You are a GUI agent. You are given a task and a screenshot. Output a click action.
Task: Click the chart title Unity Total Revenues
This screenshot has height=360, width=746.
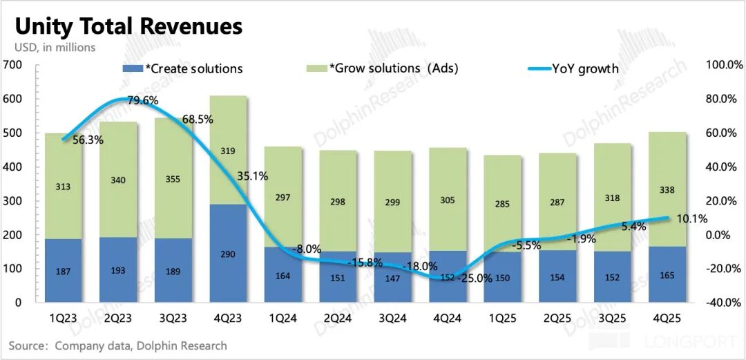coord(129,26)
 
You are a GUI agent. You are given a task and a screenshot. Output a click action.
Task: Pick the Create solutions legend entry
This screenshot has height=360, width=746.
coord(183,68)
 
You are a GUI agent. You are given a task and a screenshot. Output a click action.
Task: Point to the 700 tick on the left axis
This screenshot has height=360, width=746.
coord(13,65)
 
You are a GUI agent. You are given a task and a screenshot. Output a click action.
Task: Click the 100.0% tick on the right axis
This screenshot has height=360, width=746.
coord(724,65)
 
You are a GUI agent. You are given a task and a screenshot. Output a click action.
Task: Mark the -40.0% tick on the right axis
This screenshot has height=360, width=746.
coord(724,303)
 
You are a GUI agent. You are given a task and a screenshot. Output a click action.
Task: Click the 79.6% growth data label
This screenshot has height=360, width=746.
coord(142,100)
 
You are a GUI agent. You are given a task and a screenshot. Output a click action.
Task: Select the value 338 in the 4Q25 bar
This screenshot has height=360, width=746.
coord(667,190)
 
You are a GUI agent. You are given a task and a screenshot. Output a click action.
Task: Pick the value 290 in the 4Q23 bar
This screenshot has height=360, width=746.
coord(229,254)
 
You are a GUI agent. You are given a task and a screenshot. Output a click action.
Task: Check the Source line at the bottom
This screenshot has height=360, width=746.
coord(117,345)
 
